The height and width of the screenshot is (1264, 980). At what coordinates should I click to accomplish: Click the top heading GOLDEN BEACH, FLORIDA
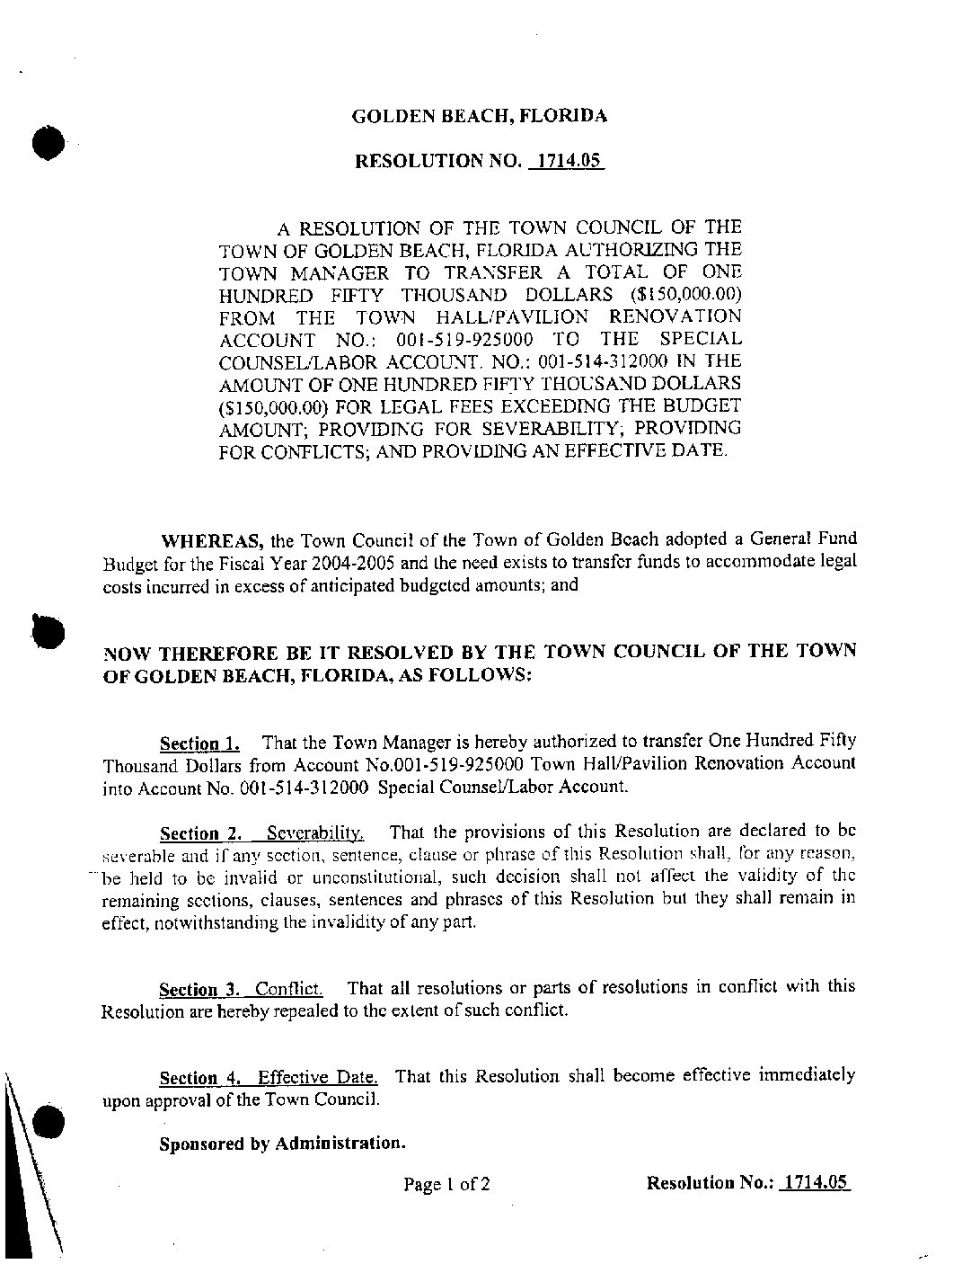point(479,116)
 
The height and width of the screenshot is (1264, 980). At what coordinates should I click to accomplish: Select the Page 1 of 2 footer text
point(446,1184)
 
